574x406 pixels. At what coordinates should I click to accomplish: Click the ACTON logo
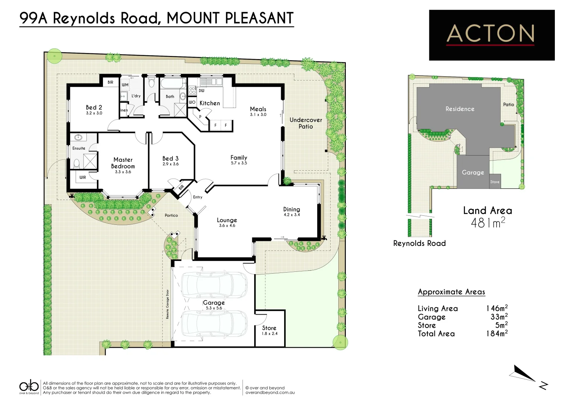point(491,35)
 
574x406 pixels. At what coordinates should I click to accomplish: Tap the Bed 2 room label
point(94,108)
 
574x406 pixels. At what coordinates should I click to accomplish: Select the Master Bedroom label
point(123,163)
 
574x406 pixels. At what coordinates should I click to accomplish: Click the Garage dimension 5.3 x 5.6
point(214,308)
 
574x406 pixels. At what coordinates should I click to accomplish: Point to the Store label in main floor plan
point(269,328)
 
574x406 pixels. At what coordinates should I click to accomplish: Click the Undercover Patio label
point(306,123)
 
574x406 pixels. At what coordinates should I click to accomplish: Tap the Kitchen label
point(209,103)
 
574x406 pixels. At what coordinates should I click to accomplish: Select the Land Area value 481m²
point(488,223)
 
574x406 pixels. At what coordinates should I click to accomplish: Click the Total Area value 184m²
point(497,333)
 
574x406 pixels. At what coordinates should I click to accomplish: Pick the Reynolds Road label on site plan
point(419,243)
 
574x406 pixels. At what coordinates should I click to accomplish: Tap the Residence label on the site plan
point(460,109)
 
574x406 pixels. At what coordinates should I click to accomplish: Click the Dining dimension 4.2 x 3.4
point(292,215)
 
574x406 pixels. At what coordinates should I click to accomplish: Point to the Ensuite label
point(79,148)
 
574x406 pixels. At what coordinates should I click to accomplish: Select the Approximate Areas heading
point(451,292)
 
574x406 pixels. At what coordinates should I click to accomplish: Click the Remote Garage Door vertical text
point(168,304)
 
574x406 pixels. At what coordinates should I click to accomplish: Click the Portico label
point(171,215)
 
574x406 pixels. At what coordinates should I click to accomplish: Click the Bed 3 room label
point(170,159)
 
